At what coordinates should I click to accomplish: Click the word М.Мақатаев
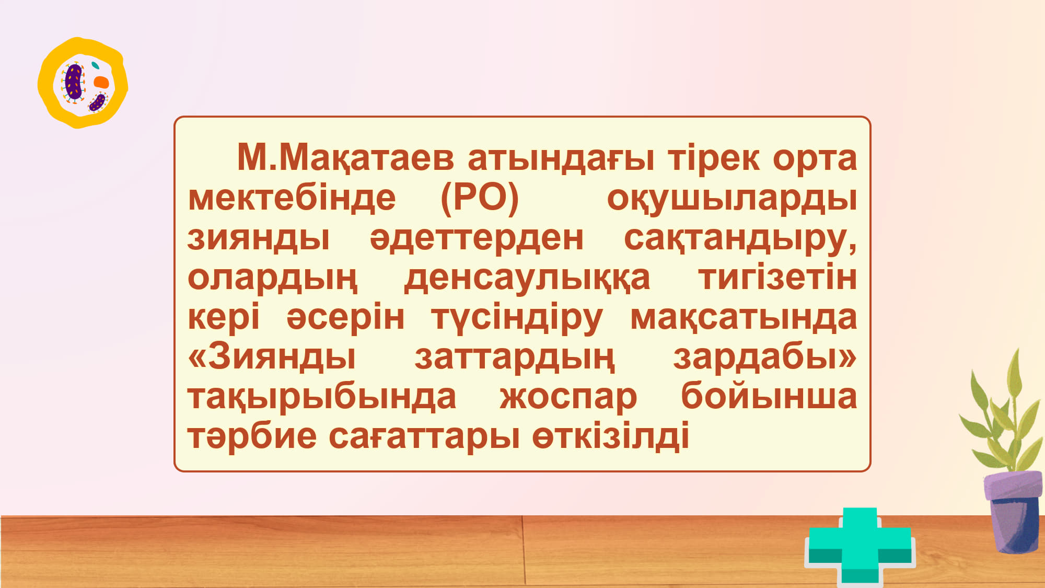coord(345,157)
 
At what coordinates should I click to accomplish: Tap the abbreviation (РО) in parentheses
coord(480,198)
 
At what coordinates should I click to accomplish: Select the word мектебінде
coord(292,198)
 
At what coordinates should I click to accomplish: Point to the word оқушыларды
coord(731,199)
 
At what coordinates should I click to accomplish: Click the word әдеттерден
coord(477,238)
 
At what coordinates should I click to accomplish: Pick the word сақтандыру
coord(740,238)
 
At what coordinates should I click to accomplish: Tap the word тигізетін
coord(777,277)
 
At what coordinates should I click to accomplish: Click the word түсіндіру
coord(517,318)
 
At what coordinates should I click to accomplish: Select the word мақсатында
coord(744,318)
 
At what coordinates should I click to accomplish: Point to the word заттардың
coord(515,358)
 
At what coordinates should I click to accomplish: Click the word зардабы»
coord(764,357)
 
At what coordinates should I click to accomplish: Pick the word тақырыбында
coord(322,397)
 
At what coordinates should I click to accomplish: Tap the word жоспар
coord(568,397)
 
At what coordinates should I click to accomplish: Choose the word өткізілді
coord(610,436)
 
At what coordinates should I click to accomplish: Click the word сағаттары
coord(424,436)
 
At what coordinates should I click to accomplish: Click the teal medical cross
coord(860,546)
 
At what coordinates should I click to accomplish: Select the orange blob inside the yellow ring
coord(101,82)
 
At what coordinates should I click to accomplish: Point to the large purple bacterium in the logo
coord(74,81)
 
